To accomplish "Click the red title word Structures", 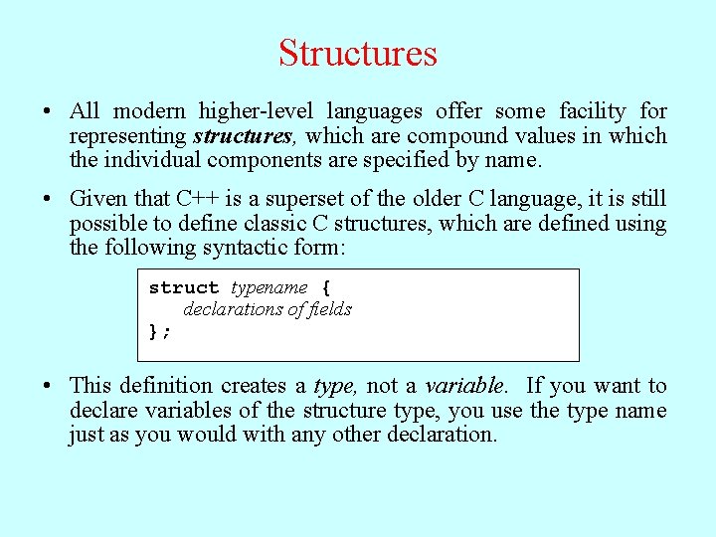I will pos(358,53).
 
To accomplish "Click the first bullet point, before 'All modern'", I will pos(48,111).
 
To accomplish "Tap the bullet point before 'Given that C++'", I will pos(48,199).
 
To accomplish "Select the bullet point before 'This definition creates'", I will pos(48,386).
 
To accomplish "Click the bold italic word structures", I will pos(243,135).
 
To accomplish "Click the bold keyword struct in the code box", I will pos(184,287).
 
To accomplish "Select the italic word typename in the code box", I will pos(269,287).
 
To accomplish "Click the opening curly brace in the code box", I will pos(326,287).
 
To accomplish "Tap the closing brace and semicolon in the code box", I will pos(159,331).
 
